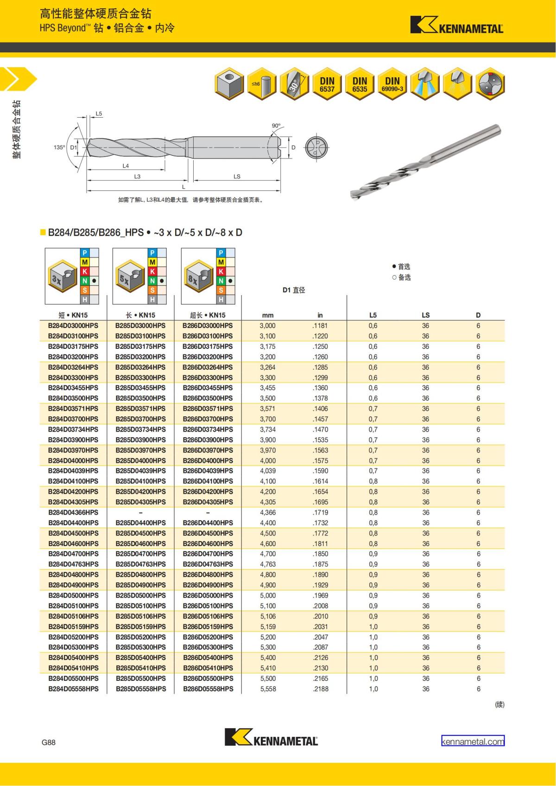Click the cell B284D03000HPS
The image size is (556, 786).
[73, 326]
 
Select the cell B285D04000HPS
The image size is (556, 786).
[140, 460]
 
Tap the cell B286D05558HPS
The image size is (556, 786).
[208, 689]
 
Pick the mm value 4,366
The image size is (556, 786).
[268, 512]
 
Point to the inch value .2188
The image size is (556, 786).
[320, 689]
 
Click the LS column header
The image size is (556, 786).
[425, 315]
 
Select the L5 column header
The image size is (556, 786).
[373, 315]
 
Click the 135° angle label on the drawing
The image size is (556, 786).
[59, 147]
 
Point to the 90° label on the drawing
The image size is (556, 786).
[276, 126]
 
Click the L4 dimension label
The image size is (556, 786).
[126, 166]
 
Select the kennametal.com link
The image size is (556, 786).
[473, 742]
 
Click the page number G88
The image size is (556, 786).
[48, 742]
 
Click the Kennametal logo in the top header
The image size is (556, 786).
[457, 25]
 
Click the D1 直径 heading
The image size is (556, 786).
[294, 290]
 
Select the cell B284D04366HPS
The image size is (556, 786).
[73, 512]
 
